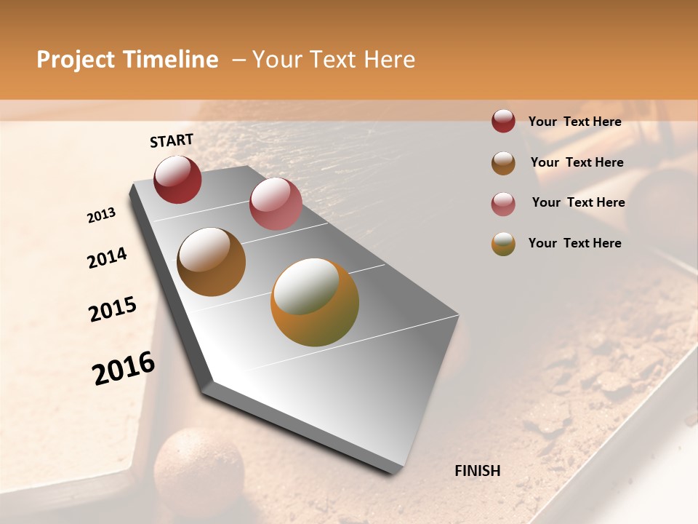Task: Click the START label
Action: click(172, 140)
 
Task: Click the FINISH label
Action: click(477, 471)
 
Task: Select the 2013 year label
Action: click(101, 215)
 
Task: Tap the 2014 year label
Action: click(107, 258)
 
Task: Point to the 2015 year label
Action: click(113, 309)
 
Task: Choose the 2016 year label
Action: click(124, 368)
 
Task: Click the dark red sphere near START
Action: click(177, 179)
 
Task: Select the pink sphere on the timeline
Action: click(276, 204)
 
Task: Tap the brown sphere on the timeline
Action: click(211, 262)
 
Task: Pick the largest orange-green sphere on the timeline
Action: click(315, 302)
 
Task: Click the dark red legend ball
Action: click(503, 121)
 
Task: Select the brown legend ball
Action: click(503, 163)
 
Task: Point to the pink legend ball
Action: click(503, 204)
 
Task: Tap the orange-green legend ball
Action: click(503, 244)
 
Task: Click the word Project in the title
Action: click(74, 60)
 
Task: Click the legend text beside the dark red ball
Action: click(574, 122)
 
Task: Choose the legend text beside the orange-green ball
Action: click(574, 243)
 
